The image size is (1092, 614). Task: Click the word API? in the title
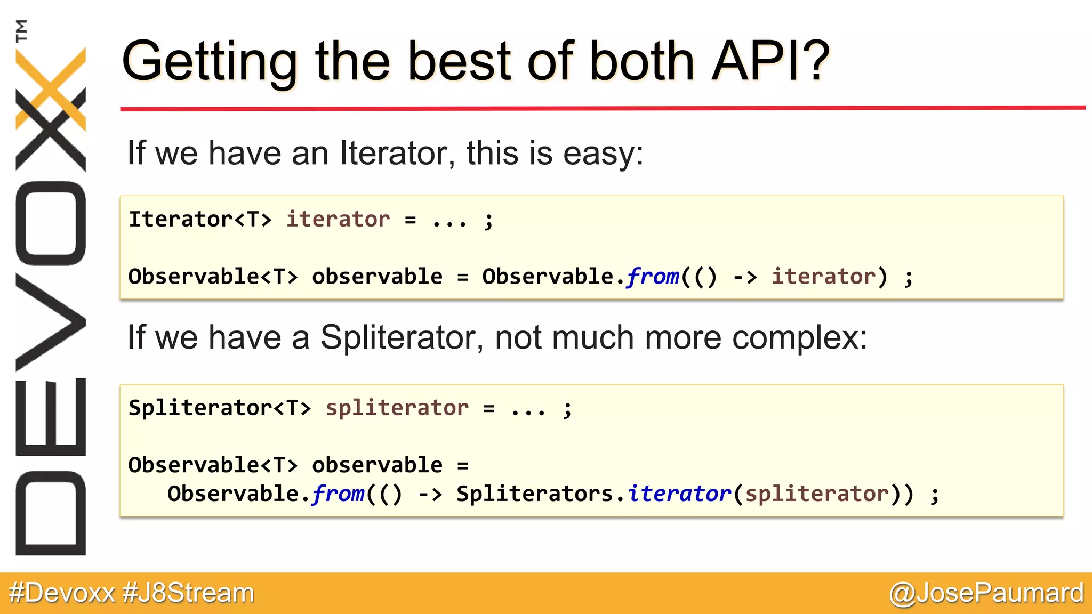coord(770,61)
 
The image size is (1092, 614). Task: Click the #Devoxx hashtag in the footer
coord(62,593)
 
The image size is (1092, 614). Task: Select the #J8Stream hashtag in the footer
coord(189,593)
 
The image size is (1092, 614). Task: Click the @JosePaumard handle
coord(986,593)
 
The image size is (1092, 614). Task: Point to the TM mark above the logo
coord(21,30)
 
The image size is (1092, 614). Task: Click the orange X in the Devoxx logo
coord(51,88)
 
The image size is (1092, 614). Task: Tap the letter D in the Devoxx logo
coord(51,513)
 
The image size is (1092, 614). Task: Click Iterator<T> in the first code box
coord(200,219)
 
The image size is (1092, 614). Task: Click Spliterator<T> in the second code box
coord(219,408)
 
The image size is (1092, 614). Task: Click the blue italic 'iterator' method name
coord(679,494)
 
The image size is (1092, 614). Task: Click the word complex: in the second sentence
coord(799,338)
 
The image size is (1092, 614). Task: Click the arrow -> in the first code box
coord(745,277)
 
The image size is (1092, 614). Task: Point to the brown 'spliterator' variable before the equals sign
coord(397,408)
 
